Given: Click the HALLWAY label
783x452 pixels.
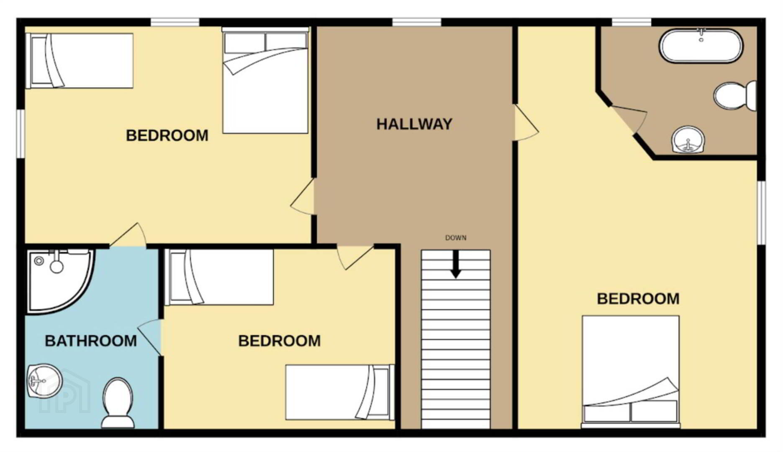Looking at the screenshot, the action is point(414,124).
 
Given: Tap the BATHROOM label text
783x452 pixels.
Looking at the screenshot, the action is point(91,341).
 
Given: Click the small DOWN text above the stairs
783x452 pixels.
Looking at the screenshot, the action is point(456,238).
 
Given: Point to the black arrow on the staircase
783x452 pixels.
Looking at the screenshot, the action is point(456,264).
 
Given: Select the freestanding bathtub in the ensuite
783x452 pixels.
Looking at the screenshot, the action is point(701,46).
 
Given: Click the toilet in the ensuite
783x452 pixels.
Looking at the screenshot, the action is point(735,96).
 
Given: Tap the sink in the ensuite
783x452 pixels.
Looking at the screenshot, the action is point(688,140).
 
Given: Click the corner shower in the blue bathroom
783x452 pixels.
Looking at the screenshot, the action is point(59,280).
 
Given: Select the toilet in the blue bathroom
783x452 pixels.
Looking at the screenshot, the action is point(118,403).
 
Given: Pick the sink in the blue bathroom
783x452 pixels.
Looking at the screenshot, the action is point(44,381).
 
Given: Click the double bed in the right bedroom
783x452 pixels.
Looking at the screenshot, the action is point(631,372).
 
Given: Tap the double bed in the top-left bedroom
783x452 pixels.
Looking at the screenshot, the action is point(265,80).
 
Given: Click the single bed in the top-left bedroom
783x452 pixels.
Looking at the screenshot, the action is point(80,61).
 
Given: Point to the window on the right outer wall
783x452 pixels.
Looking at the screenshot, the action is point(762,213).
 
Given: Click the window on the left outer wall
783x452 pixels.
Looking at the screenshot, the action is point(21,134).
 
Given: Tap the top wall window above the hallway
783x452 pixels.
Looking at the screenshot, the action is point(417,22).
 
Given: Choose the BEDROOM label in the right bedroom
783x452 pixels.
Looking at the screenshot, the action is point(638,299).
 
